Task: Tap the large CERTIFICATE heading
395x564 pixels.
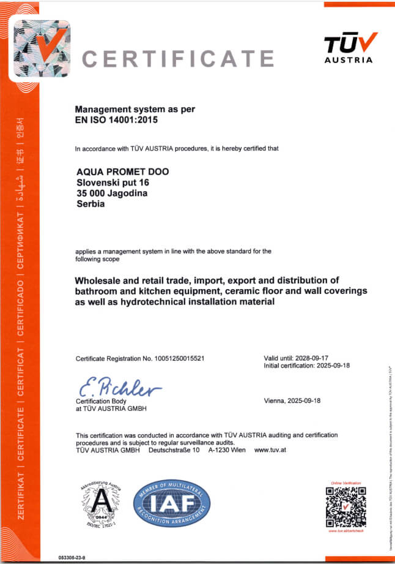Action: (x=178, y=59)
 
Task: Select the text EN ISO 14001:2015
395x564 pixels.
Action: (x=116, y=120)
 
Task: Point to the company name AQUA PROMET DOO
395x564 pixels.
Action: (x=122, y=171)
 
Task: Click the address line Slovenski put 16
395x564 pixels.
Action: (x=113, y=182)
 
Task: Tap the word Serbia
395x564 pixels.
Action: (x=91, y=204)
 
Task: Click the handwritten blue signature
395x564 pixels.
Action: (x=119, y=387)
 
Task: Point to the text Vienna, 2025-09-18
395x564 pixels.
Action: (x=292, y=400)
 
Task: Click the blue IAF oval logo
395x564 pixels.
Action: (x=172, y=505)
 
